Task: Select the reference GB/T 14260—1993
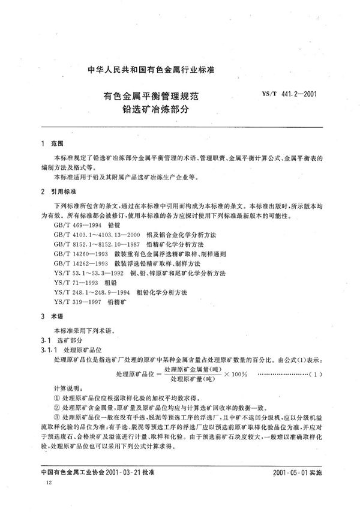(x=81, y=253)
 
